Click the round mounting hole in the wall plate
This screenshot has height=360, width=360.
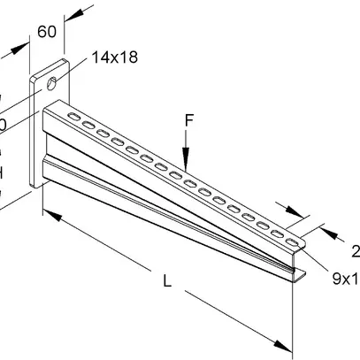point(55,85)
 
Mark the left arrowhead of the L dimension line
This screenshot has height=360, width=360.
point(46,212)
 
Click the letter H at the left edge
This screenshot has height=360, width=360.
point(3,173)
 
